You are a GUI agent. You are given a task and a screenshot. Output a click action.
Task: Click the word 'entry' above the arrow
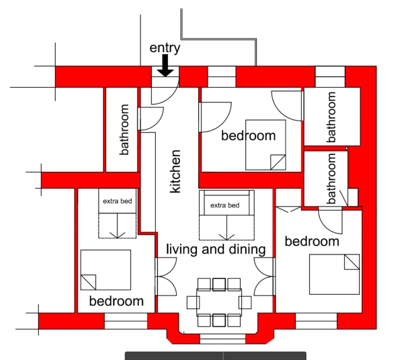pyautogui.click(x=165, y=48)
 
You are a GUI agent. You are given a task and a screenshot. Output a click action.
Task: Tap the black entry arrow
pyautogui.click(x=165, y=65)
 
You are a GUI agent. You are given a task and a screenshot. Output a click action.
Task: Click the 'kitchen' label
pyautogui.click(x=175, y=171)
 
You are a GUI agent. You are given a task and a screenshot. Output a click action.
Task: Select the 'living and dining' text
pyautogui.click(x=216, y=249)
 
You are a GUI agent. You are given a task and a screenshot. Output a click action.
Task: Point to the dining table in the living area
pyautogui.click(x=219, y=302)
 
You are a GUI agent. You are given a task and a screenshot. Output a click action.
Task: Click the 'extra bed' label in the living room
pyautogui.click(x=225, y=205)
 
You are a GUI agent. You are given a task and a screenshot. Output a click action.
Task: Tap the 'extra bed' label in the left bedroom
pyautogui.click(x=117, y=201)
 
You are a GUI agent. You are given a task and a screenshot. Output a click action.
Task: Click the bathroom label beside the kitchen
pyautogui.click(x=124, y=129)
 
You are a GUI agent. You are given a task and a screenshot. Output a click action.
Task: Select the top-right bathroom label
pyautogui.click(x=331, y=117)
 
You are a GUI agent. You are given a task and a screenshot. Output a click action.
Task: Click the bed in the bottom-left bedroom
pyautogui.click(x=106, y=270)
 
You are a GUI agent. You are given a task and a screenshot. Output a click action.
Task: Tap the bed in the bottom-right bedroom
pyautogui.click(x=335, y=274)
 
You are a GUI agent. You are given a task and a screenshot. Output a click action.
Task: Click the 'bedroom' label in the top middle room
pyautogui.click(x=249, y=135)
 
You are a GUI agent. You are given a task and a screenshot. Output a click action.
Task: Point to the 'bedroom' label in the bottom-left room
pyautogui.click(x=117, y=301)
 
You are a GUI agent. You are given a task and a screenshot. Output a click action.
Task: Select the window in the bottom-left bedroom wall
pyautogui.click(x=126, y=321)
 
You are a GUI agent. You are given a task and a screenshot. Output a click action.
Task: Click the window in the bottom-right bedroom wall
pyautogui.click(x=316, y=321)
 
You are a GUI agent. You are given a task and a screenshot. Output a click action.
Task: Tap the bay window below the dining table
pyautogui.click(x=222, y=339)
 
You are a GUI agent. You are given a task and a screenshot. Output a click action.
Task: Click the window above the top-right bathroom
pyautogui.click(x=330, y=77)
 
